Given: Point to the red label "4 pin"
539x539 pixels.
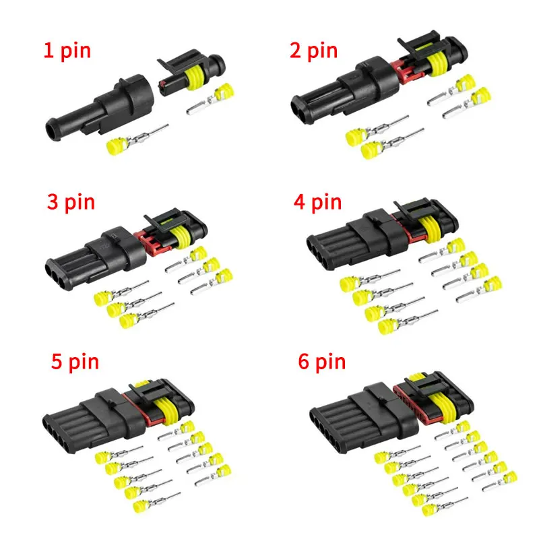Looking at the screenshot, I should (x=316, y=202).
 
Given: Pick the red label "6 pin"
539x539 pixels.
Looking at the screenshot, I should (x=322, y=362).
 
